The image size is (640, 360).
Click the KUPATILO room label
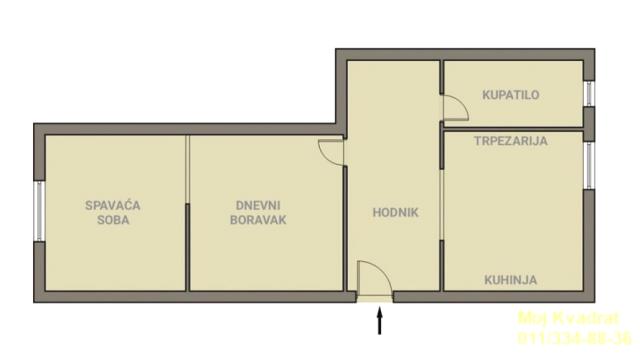click(510, 96)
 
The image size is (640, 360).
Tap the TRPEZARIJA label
click(510, 142)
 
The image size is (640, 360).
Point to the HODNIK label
click(395, 212)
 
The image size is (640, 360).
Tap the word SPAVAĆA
click(112, 205)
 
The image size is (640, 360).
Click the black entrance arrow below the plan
click(379, 321)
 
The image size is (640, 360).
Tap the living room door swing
click(331, 152)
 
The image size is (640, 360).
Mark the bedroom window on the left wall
click(39, 212)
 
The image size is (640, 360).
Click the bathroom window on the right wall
click(589, 94)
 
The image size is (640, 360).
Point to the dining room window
click(589, 164)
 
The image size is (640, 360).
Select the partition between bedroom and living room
click(188, 212)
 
